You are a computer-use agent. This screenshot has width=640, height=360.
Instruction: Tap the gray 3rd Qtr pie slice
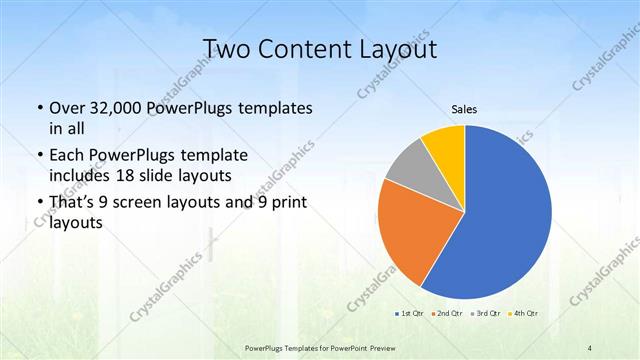[408, 168]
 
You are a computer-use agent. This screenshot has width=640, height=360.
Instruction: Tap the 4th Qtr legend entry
[523, 313]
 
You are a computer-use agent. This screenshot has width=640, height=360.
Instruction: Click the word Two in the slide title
[225, 50]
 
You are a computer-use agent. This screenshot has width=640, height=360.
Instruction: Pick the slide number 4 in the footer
[591, 347]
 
